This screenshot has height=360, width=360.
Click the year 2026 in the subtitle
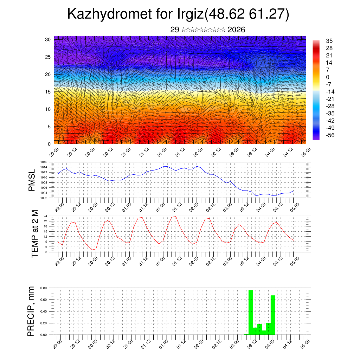point(236,30)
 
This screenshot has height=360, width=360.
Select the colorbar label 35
point(329,41)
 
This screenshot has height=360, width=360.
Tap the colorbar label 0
point(327,77)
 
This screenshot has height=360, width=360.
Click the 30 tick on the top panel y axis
point(48,39)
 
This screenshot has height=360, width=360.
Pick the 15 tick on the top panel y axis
point(48,92)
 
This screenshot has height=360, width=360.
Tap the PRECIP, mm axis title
point(32,311)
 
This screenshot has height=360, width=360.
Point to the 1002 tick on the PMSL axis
point(44,198)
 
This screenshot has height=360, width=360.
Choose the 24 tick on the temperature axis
point(45,216)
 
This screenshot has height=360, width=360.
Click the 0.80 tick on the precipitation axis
point(44,288)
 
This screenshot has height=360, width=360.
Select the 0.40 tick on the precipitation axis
point(44,311)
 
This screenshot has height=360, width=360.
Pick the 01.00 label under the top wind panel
point(162,153)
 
